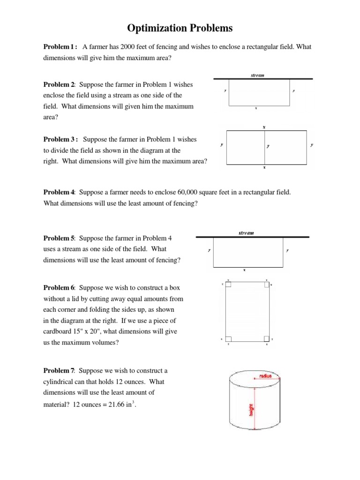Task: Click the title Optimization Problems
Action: (x=180, y=29)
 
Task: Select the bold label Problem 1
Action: (x=60, y=47)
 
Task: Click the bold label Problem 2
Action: (x=59, y=84)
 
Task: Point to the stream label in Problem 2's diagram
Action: (x=257, y=75)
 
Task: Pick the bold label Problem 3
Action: (x=60, y=139)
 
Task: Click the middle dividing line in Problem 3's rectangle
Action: (x=264, y=147)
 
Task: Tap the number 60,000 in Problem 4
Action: (x=187, y=192)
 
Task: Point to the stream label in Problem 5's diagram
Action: (x=246, y=232)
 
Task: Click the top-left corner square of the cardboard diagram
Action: (x=228, y=284)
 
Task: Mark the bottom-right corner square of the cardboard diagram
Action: (x=266, y=339)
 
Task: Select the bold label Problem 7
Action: (x=59, y=371)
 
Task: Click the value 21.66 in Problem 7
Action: (x=113, y=405)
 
